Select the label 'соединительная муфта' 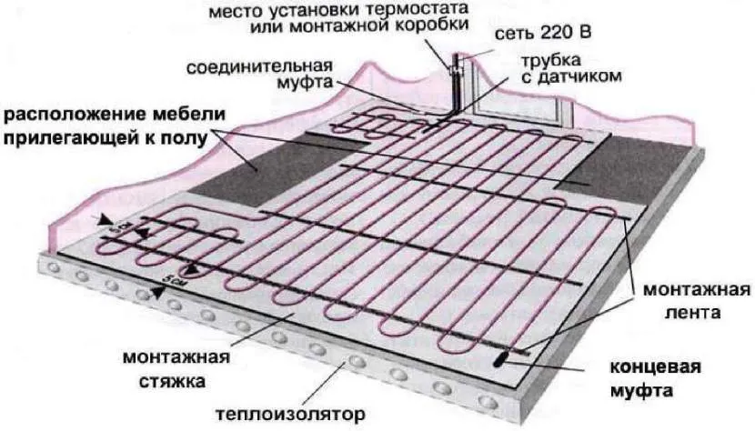pos(261,77)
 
